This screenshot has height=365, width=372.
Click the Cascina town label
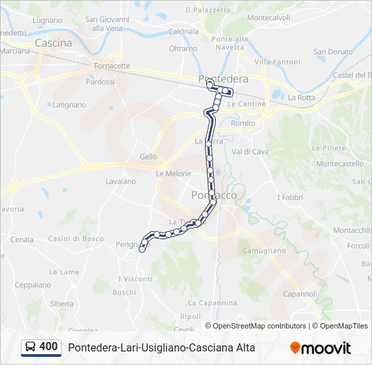point(53,43)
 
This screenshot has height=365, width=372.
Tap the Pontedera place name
point(223,79)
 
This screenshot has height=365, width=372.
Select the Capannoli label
point(300,294)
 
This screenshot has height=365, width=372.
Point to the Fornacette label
point(112,66)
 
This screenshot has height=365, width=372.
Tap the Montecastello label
point(340,164)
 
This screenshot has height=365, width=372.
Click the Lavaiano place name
point(120,181)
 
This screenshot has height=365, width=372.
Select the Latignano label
point(70,105)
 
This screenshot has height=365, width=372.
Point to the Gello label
point(148,157)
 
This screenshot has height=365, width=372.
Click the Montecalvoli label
point(269,18)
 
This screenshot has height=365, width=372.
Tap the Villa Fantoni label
point(277,62)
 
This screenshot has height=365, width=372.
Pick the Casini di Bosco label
point(76,239)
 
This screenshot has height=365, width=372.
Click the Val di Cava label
point(250,151)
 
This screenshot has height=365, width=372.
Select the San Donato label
point(333,51)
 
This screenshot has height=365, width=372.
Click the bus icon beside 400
point(30,347)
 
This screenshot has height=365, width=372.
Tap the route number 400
point(49,347)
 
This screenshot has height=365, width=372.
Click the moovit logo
point(321,348)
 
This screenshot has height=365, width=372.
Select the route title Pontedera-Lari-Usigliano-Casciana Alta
point(162,347)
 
